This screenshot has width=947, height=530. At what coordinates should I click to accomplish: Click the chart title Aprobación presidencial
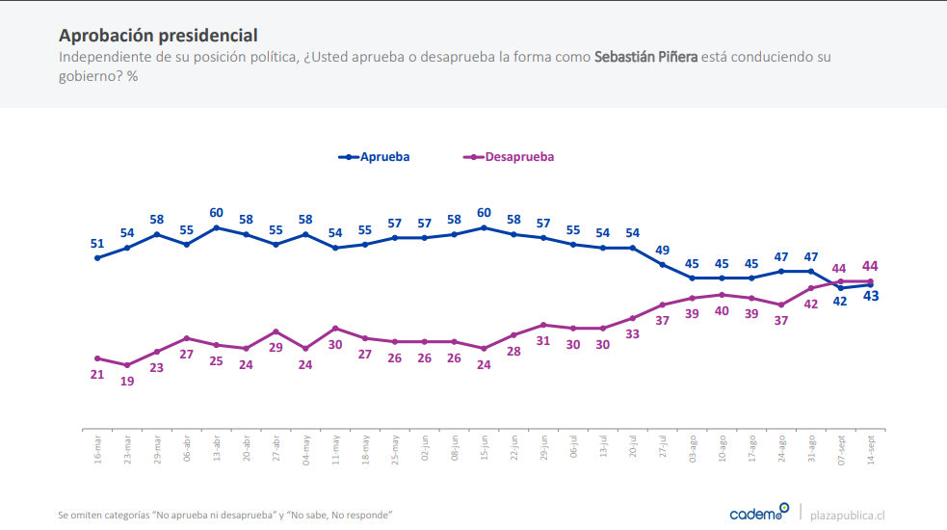(x=158, y=36)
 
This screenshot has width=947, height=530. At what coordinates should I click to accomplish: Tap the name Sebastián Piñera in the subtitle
(x=645, y=57)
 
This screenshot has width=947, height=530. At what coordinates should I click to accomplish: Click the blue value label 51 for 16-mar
(x=97, y=244)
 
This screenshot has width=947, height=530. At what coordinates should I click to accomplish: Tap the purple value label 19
(x=127, y=381)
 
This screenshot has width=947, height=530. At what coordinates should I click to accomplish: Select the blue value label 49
(x=663, y=251)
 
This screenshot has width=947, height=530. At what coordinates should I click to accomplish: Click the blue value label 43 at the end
(x=871, y=296)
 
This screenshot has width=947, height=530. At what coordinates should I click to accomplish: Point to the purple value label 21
(x=97, y=374)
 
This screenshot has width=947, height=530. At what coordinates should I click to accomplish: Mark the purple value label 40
(x=723, y=310)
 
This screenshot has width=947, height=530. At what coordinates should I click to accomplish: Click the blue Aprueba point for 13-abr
(x=217, y=227)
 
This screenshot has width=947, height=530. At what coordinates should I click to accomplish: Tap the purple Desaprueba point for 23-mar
(x=127, y=365)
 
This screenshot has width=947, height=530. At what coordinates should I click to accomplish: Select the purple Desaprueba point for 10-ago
(x=723, y=294)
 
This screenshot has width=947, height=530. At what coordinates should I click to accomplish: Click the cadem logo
(x=759, y=512)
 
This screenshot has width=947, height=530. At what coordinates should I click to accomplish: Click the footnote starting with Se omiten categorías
(x=225, y=515)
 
